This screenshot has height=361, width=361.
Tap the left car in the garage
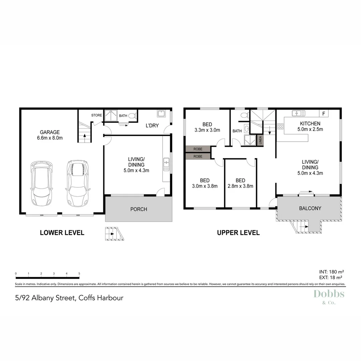tap(42, 184)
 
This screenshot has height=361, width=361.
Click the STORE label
tap(97, 115)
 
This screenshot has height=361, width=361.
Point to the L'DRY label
tap(152, 126)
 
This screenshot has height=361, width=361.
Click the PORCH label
tap(138, 209)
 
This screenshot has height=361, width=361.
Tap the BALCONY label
tap(310, 208)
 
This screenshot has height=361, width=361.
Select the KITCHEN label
tap(310, 124)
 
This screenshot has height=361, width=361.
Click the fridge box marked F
tap(324, 114)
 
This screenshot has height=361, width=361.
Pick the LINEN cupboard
tap(260, 140)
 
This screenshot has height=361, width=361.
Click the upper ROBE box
tap(198, 149)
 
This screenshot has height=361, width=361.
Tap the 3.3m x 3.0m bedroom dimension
tap(207, 130)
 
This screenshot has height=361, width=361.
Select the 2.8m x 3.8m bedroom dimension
tap(240, 186)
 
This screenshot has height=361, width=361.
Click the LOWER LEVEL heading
tap(62, 233)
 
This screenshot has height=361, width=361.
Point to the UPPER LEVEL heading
tap(238, 233)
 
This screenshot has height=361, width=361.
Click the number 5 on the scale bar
tap(79, 273)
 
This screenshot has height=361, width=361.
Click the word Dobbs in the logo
tap(329, 294)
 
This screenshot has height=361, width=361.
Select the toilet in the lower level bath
tap(132, 116)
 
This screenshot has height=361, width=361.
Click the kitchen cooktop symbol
tap(280, 126)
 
